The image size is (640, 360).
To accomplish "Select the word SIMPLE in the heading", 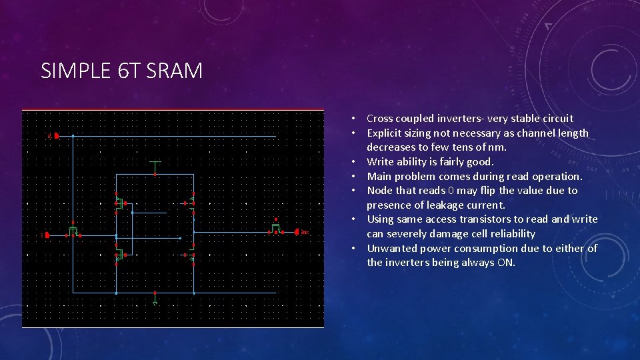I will coord(78,71).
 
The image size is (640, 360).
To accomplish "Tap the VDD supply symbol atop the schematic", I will coord(155,162).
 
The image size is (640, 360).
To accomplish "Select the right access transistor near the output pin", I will coord(275,229).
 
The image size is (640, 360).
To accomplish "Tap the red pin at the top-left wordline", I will coord(56,136).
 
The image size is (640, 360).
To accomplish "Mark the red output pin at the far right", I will coord(298,232).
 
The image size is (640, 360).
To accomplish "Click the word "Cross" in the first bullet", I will coord(380,119).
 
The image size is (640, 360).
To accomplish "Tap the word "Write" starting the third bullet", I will coord(380,162).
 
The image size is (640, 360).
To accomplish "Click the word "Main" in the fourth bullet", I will coord(379,177).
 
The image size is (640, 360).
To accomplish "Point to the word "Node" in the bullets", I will coord(379,191).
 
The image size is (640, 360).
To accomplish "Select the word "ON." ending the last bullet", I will coord(506,263).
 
